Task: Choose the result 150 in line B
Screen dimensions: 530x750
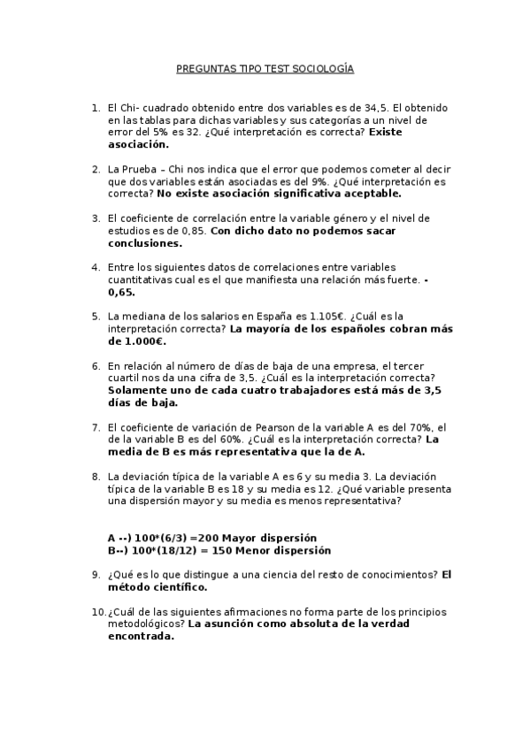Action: coord(217,549)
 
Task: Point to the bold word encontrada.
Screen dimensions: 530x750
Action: coord(142,636)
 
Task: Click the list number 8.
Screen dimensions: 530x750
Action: coord(96,476)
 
